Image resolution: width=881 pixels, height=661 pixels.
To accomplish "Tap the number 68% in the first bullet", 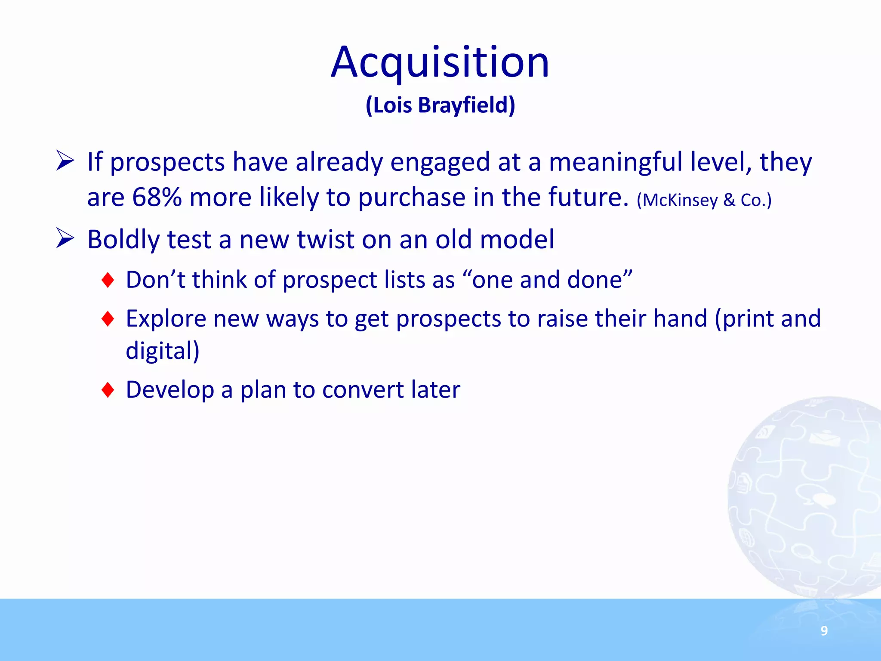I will [157, 197].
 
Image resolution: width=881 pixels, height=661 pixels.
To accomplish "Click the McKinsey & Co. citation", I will [704, 200].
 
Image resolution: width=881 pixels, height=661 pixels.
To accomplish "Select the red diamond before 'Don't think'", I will [108, 280].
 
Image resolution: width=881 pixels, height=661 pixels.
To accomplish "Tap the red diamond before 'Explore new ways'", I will [108, 319].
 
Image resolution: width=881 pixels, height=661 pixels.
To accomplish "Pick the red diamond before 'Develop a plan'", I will [108, 390].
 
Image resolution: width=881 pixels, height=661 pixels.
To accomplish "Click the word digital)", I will [163, 351].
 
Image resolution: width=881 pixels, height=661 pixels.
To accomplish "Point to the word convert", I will [362, 390].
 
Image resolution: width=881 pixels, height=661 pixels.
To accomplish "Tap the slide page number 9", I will [824, 630].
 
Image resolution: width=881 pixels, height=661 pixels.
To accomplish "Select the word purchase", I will [412, 198].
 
